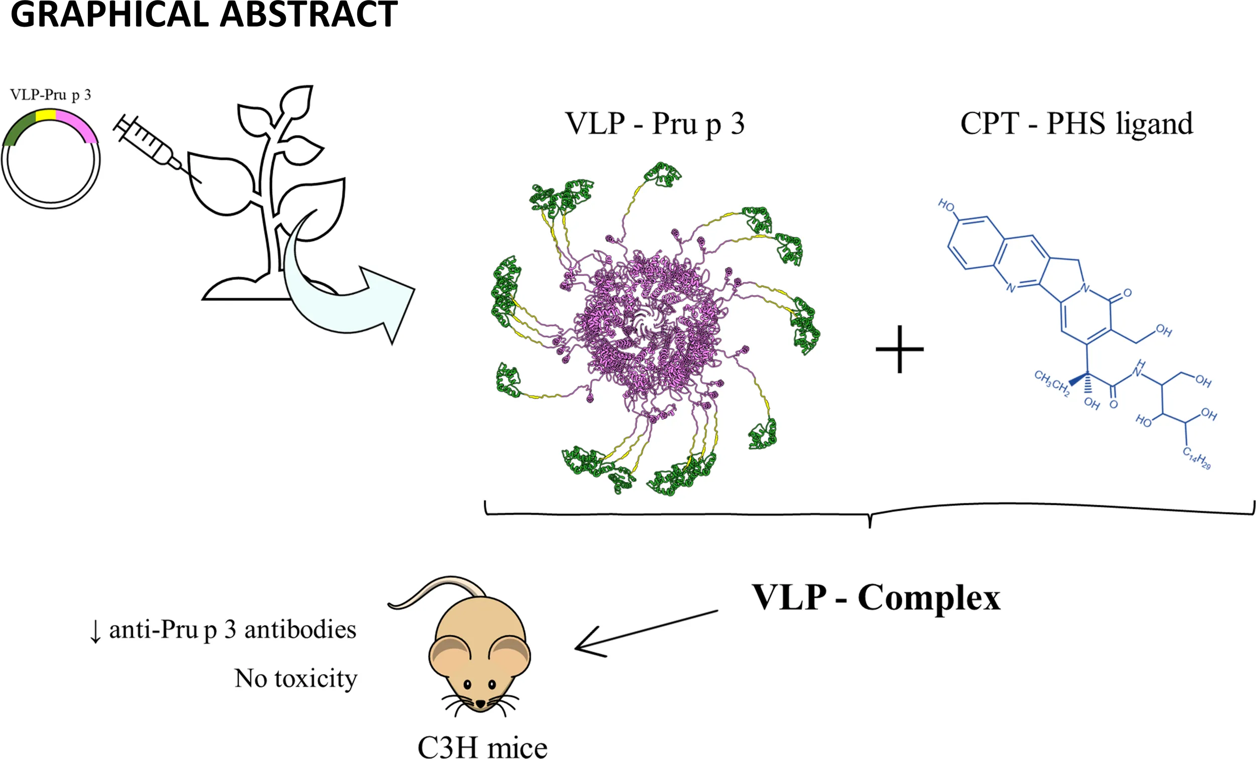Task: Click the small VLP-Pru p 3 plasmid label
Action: (x=50, y=95)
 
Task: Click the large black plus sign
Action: (x=899, y=349)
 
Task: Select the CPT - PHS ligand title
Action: (x=1077, y=124)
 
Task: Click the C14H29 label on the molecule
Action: (x=1196, y=457)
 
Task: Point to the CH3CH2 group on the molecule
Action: (x=1052, y=383)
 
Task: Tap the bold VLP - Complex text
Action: (x=876, y=597)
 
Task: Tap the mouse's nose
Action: (x=480, y=703)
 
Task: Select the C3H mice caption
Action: (x=482, y=747)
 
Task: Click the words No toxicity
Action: (x=295, y=679)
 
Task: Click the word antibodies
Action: (x=300, y=630)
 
